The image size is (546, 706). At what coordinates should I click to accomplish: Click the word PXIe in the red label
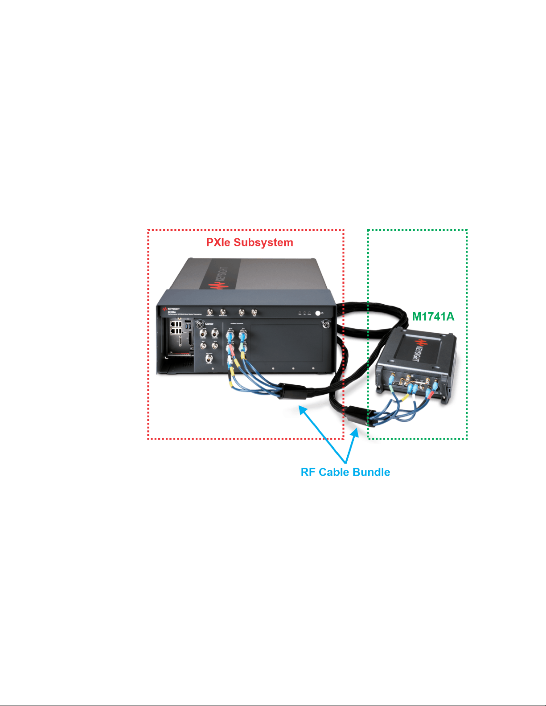coord(218,242)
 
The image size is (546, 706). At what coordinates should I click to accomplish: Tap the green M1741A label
coord(433,316)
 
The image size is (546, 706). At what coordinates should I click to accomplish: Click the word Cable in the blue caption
coord(332,472)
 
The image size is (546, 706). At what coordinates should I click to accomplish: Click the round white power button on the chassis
coord(318,313)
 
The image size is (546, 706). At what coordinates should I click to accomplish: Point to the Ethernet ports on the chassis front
coord(176,328)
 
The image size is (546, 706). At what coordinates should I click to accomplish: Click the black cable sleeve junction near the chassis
coord(292,391)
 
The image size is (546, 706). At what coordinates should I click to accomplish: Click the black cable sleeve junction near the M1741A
coord(359,416)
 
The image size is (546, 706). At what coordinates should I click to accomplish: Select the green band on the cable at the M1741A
coord(391,387)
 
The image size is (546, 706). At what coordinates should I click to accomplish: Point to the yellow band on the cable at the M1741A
coord(406,398)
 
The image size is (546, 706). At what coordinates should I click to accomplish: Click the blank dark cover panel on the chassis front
coord(285,343)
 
